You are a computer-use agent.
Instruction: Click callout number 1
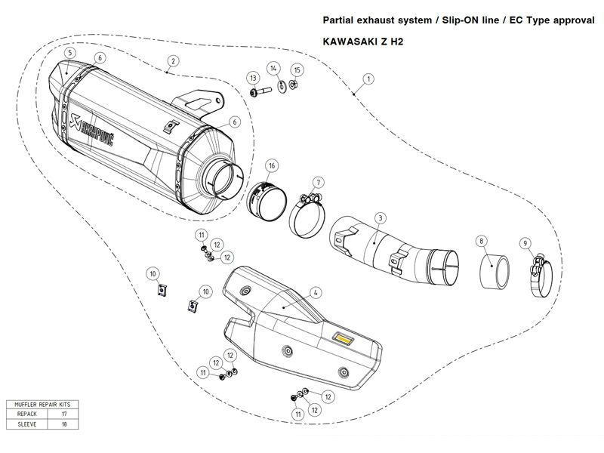pyautogui.click(x=368, y=79)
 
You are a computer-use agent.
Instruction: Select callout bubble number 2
pyautogui.click(x=174, y=60)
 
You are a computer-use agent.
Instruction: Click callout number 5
pyautogui.click(x=69, y=53)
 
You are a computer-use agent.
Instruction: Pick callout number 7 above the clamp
pyautogui.click(x=319, y=183)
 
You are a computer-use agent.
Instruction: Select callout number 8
pyautogui.click(x=480, y=242)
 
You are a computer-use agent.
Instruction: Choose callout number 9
pyautogui.click(x=524, y=242)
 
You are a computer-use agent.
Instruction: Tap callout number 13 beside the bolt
pyautogui.click(x=253, y=78)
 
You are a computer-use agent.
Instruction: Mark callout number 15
pyautogui.click(x=297, y=70)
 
